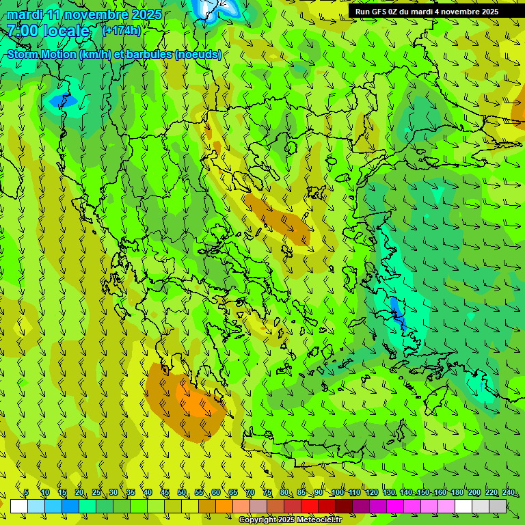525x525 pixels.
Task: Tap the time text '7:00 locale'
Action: (x=49, y=31)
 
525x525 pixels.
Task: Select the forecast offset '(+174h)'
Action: (x=122, y=30)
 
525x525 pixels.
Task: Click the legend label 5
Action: (x=26, y=493)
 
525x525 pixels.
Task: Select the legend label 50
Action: (x=182, y=493)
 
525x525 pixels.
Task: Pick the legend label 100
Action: (x=338, y=493)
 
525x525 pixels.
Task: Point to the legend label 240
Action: (x=509, y=493)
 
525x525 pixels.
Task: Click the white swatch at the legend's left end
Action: (x=18, y=506)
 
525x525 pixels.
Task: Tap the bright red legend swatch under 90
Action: (x=310, y=506)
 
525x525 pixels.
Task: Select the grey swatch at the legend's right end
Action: (x=498, y=506)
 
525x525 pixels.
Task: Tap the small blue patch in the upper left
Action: (x=64, y=101)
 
